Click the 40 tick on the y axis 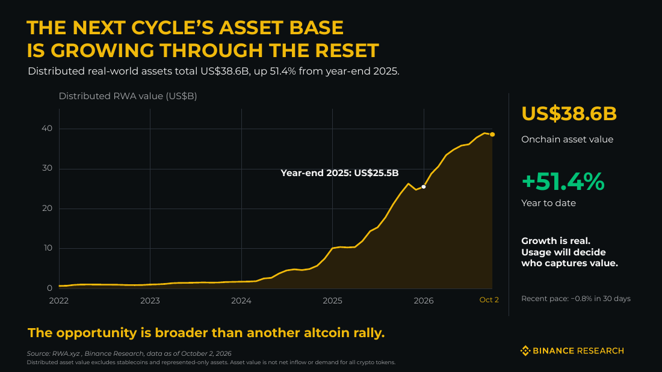(47, 128)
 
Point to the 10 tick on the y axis (47, 248)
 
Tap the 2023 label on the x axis (150, 300)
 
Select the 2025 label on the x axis (332, 300)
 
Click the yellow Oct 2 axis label (489, 300)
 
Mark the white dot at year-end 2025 (424, 187)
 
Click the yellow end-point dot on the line (492, 135)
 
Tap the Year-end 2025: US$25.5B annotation (339, 173)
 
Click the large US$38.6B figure (569, 114)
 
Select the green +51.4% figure (563, 181)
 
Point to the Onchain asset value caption (567, 139)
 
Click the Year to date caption (548, 203)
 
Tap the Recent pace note (576, 299)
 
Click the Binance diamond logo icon (525, 350)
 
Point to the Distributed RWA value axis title (128, 96)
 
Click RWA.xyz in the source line (66, 353)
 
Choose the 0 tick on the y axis (50, 288)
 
